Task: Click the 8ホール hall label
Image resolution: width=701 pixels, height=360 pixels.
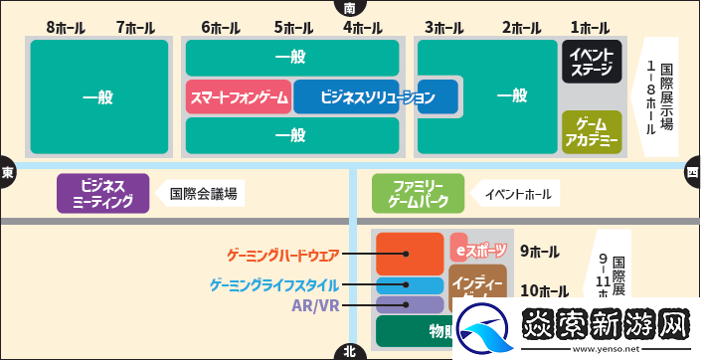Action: click(x=66, y=28)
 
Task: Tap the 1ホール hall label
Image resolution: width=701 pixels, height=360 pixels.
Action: click(x=590, y=28)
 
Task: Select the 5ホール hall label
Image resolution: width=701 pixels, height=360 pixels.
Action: click(x=292, y=28)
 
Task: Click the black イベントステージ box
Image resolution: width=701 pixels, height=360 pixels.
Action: click(x=592, y=62)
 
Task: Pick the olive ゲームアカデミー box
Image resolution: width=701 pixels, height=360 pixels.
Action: click(x=592, y=131)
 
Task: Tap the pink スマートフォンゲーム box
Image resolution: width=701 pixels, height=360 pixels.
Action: click(x=240, y=97)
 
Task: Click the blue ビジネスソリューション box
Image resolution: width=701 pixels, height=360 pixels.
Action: click(x=375, y=97)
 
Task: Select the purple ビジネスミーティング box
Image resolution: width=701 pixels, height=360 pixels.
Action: click(x=102, y=193)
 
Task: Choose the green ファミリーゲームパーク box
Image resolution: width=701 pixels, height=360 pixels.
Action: click(x=417, y=193)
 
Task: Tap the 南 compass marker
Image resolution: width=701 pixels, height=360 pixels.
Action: click(x=349, y=7)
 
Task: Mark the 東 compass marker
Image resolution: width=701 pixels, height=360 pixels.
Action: click(x=8, y=171)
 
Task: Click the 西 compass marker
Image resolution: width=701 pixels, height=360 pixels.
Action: click(x=692, y=171)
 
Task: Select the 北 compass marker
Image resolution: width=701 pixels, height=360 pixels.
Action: click(x=349, y=351)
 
